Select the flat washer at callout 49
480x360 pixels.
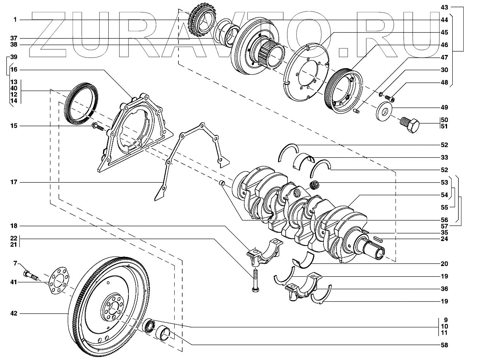(x=384, y=112)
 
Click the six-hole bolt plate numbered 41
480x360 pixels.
(x=58, y=281)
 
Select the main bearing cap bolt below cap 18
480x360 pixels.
(x=255, y=280)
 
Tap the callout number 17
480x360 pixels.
(x=14, y=183)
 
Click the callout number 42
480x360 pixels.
(x=14, y=313)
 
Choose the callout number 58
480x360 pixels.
(x=444, y=345)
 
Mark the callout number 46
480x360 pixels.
(x=444, y=45)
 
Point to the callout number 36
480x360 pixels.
(x=444, y=289)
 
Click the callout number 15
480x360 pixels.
(x=14, y=125)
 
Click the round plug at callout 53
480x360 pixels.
(x=314, y=185)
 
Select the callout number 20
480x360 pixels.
(x=444, y=264)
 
